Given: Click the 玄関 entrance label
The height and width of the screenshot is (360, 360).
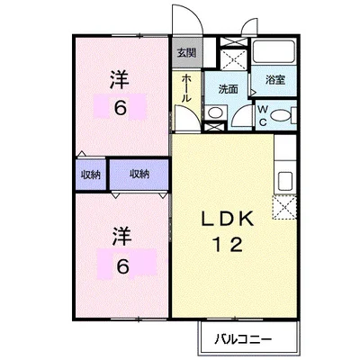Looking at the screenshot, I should (185, 51).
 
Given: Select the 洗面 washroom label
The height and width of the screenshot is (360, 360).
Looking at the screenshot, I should (228, 88).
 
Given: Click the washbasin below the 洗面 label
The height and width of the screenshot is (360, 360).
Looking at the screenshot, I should (216, 112).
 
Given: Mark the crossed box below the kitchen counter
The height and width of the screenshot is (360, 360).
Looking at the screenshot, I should (286, 209).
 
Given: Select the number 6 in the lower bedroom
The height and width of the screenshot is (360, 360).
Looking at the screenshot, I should (121, 265).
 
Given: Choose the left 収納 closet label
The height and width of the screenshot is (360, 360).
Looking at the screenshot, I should (90, 174).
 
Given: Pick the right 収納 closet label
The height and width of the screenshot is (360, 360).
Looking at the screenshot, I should (139, 174).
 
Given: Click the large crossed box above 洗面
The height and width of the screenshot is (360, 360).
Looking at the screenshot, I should (231, 58).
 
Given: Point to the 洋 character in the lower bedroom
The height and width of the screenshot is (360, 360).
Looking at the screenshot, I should (121, 237).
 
